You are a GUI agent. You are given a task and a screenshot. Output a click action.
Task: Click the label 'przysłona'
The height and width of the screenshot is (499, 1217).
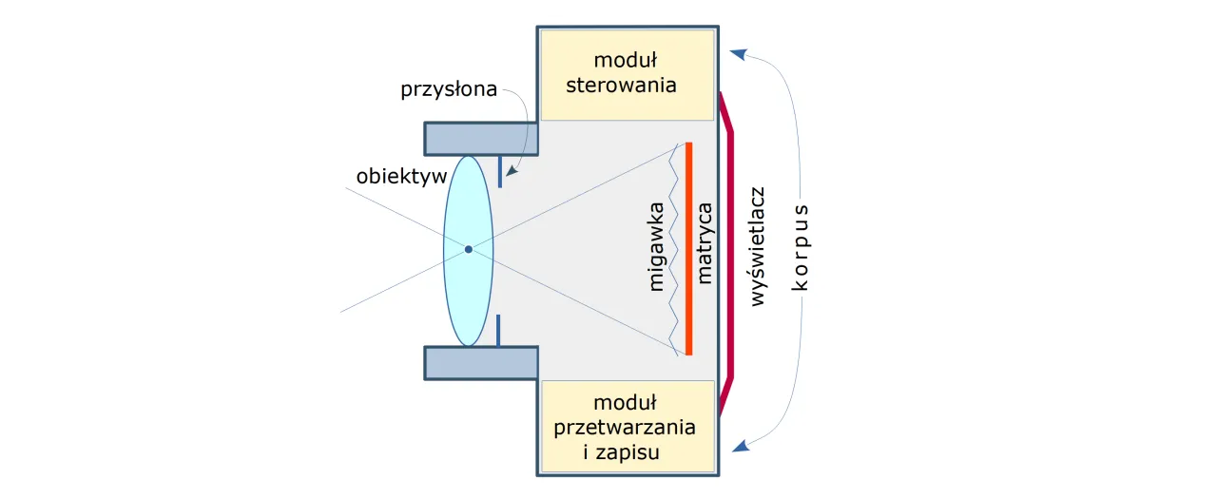pos(449,90)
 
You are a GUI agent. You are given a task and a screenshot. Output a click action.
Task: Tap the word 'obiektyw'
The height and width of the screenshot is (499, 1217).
pos(399,177)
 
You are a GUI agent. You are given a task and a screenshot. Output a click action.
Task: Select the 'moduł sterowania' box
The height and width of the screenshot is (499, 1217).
pos(627,74)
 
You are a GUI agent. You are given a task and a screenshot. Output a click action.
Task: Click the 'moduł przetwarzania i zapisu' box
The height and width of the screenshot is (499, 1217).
pos(627,427)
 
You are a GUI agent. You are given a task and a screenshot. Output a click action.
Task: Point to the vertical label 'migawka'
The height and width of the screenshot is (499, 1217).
pos(656,249)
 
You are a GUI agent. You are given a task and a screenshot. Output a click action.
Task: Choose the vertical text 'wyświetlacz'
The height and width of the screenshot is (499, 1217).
pos(758,246)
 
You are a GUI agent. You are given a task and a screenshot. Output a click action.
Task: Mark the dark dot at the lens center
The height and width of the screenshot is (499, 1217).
pos(468,250)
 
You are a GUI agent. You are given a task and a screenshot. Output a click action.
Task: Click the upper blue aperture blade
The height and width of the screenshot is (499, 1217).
pos(499,172)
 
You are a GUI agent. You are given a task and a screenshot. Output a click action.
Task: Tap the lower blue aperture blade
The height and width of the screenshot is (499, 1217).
pos(499,330)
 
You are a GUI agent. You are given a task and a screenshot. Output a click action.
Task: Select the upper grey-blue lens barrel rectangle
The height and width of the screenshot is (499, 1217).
pos(481,139)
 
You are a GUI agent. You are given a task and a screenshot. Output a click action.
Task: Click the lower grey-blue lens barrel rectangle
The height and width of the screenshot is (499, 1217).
pos(481,362)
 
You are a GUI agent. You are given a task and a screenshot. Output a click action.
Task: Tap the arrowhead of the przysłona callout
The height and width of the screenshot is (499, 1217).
pos(511,173)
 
